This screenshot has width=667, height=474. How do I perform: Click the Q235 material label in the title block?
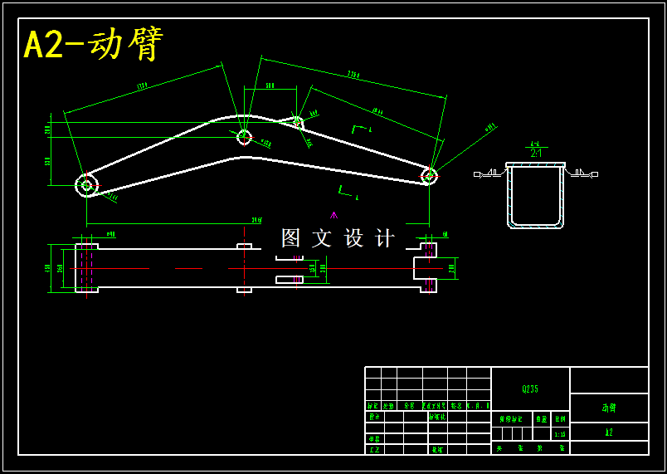click(530, 388)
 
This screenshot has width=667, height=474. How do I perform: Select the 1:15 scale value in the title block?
click(560, 434)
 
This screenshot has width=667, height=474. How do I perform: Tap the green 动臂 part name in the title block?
click(609, 408)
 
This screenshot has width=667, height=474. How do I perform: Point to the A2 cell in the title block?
click(609, 432)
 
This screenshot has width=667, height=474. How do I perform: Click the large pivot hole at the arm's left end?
click(86, 185)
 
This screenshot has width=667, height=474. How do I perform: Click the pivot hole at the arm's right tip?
click(429, 175)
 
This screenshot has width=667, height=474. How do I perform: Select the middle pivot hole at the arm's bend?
click(244, 137)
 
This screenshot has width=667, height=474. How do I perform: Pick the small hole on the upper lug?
click(298, 123)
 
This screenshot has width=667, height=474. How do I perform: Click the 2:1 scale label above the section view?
click(536, 153)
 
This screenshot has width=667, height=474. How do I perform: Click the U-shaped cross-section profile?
click(535, 196)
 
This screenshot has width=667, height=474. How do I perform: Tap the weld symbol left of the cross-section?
click(490, 173)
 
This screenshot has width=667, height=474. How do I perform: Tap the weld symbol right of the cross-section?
click(582, 173)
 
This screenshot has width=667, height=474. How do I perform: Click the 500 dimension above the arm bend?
click(270, 86)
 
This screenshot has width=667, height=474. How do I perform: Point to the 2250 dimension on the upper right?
click(353, 75)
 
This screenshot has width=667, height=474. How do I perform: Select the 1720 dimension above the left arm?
click(142, 85)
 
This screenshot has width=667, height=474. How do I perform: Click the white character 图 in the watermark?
click(290, 238)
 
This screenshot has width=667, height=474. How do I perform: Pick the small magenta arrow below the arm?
click(333, 216)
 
